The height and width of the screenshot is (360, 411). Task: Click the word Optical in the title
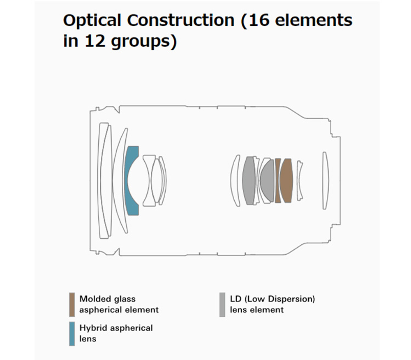coord(92,21)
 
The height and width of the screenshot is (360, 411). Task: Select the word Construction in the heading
coord(181,20)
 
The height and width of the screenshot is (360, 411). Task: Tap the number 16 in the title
coord(259,20)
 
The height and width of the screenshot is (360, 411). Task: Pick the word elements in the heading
coord(314,20)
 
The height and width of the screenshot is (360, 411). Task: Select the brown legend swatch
coord(72,304)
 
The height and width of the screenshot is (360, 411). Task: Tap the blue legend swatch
coord(72,334)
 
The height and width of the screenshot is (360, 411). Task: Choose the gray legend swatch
coord(222,304)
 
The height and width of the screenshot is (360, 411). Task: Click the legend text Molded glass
coord(107,299)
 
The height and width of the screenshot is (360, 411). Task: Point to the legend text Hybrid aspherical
coord(116,328)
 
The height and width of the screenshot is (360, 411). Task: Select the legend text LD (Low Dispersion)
coord(272,299)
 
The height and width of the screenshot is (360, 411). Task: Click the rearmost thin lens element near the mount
coord(325,181)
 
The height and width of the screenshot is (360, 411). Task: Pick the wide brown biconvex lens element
coord(286,181)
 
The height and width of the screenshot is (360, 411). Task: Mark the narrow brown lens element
coord(277,181)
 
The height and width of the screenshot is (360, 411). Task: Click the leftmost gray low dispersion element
coord(249,181)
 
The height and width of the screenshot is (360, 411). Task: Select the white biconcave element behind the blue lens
coord(149,181)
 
